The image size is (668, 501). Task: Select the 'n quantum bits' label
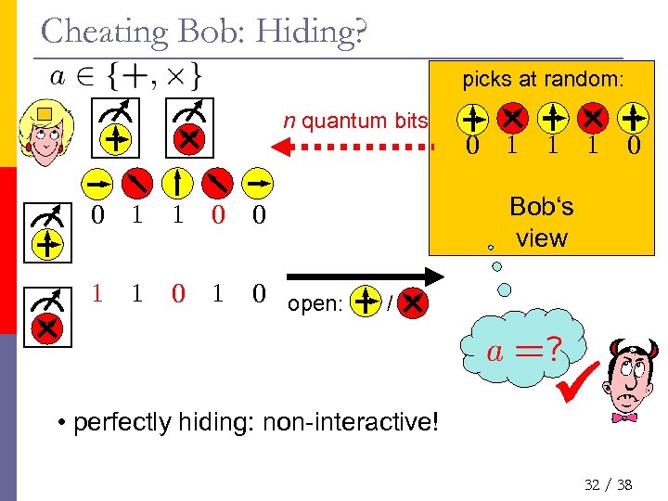tap(356, 121)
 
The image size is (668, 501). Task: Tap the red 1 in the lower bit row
tap(97, 294)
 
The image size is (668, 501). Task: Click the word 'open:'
tap(316, 304)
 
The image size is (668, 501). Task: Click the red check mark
tap(577, 381)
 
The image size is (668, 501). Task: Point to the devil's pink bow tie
tap(625, 417)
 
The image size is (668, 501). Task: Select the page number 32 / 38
tap(609, 483)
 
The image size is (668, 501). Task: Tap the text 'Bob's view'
tap(542, 223)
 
